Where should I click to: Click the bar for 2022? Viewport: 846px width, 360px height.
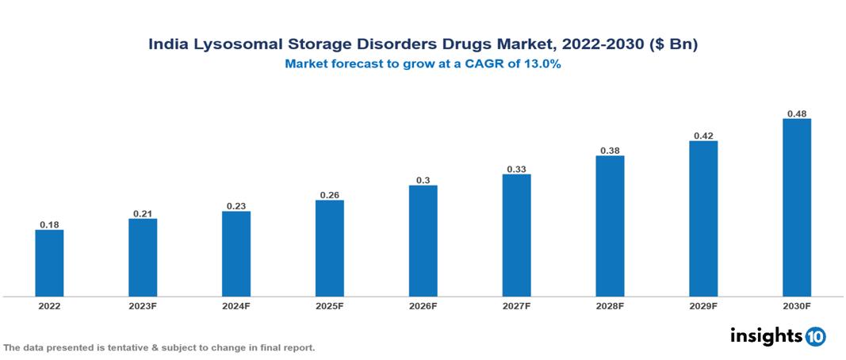point(49,263)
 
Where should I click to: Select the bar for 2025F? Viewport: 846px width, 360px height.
point(330,248)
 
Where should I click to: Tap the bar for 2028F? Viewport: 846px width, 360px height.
point(610,226)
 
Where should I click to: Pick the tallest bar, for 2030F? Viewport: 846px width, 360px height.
point(797,208)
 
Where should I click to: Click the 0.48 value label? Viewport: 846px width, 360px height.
point(797,113)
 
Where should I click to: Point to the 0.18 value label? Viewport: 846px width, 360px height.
point(49,224)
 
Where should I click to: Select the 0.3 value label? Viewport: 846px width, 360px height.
point(423,180)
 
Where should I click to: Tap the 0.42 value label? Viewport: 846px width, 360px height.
point(703,136)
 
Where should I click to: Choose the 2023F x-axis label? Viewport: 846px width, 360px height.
point(143,306)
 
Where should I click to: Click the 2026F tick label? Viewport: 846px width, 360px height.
point(423,306)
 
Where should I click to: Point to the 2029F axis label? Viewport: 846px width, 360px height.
point(703,306)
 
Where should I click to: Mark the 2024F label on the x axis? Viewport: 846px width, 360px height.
point(236,306)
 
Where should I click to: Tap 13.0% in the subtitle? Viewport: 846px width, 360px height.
point(542,65)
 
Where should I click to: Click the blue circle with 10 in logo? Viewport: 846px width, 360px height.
point(815,336)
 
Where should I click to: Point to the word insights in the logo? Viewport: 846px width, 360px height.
point(766,335)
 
